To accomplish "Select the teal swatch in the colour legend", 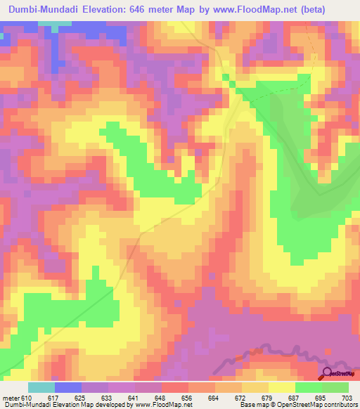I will tap(41, 387).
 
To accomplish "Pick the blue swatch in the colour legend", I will tap(68, 387).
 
